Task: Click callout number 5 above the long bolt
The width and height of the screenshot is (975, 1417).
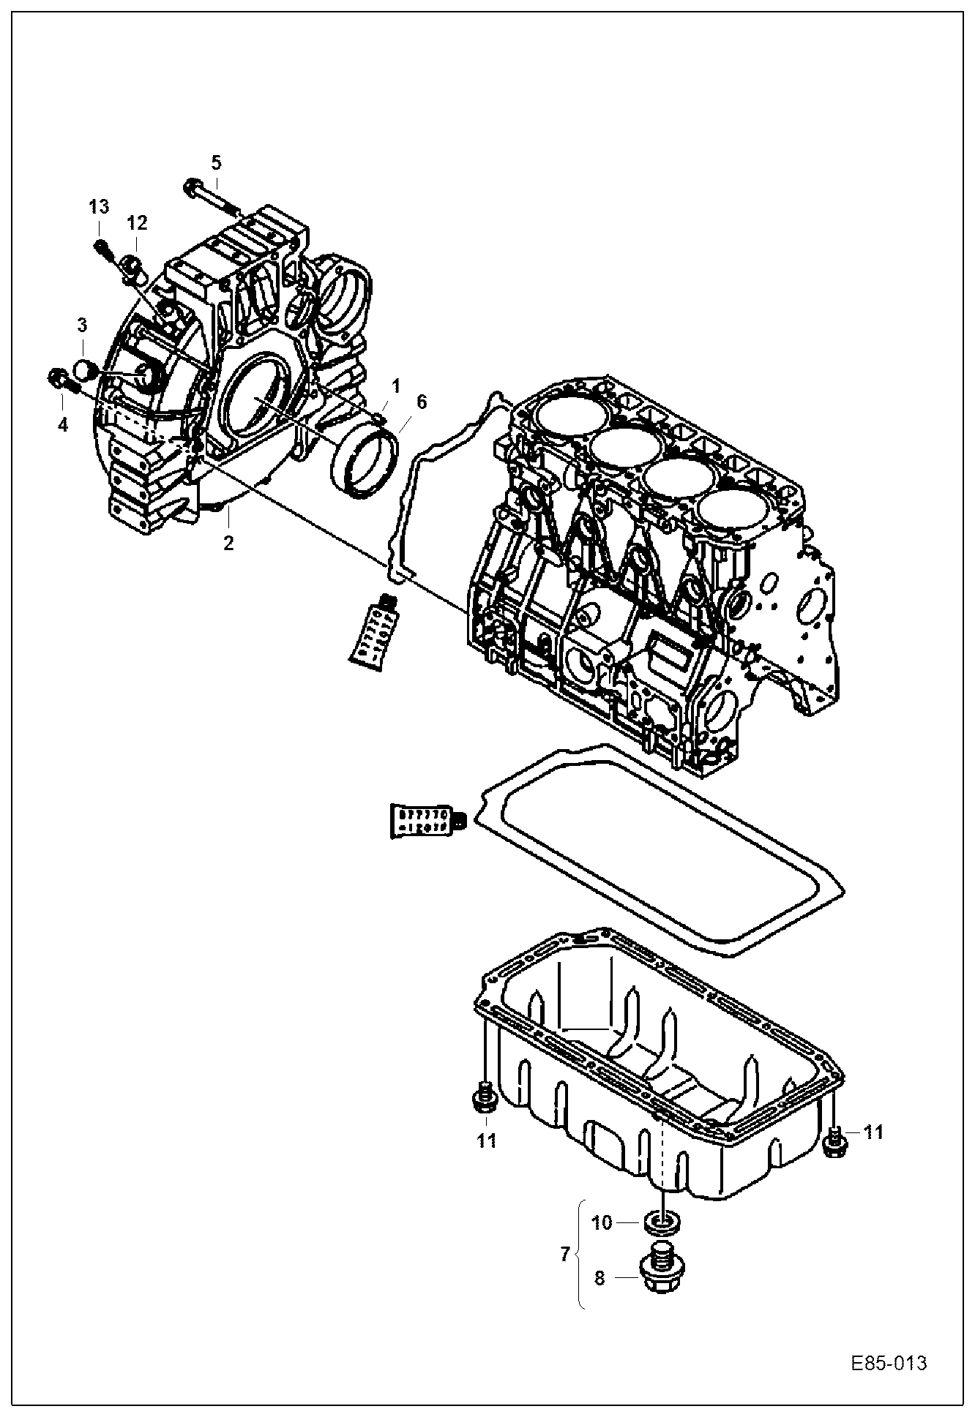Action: coord(216,162)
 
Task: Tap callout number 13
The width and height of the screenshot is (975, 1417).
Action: coord(100,207)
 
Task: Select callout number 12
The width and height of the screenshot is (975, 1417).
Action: coord(137,222)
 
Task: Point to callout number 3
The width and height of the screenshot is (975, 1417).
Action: coord(83,325)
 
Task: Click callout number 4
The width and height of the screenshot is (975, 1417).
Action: coord(63,424)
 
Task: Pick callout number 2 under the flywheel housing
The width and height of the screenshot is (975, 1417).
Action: coord(228,543)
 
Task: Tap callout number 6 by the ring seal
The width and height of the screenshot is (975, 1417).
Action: coord(421,401)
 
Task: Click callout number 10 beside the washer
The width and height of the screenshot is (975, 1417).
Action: coord(602,1222)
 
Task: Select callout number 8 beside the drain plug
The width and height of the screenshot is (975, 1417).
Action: coord(599,1278)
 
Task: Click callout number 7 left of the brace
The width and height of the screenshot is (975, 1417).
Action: coord(564,1254)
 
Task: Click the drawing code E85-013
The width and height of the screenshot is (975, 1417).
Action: coord(889,1364)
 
